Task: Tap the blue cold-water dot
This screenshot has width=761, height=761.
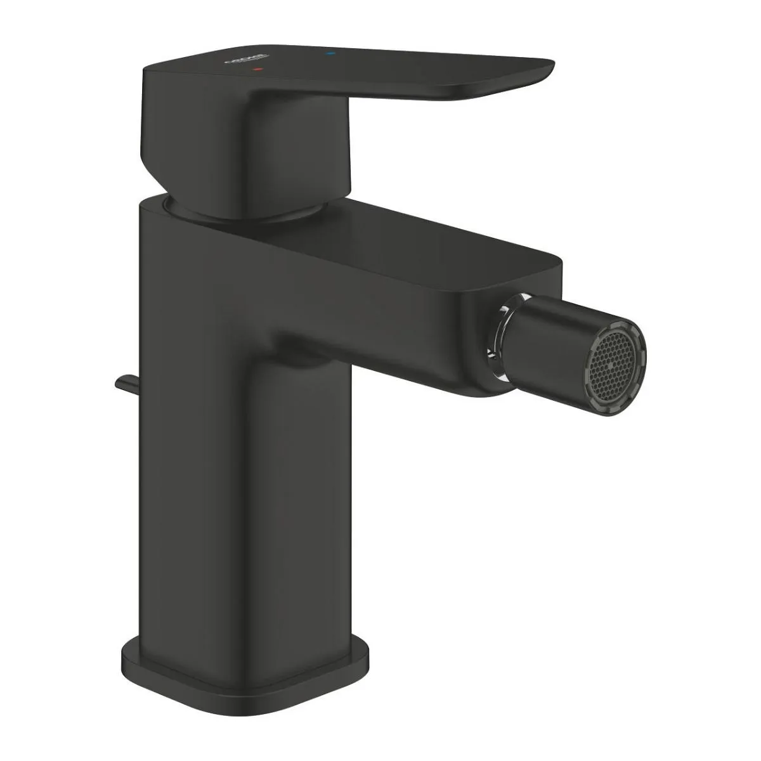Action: tap(328, 55)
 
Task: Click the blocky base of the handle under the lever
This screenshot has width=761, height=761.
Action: tap(190, 146)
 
